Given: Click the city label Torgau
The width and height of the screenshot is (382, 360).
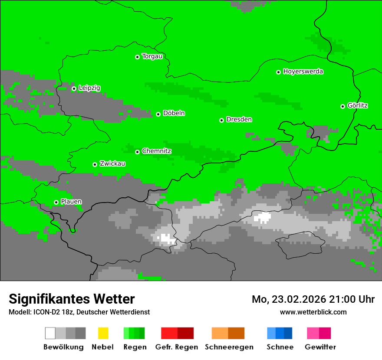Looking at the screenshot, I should pyautogui.click(x=152, y=56).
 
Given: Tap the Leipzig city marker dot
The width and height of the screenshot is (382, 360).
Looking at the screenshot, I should pyautogui.click(x=74, y=88).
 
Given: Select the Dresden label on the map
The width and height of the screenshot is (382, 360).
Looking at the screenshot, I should pyautogui.click(x=239, y=120).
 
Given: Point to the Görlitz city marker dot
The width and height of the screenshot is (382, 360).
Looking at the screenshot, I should pyautogui.click(x=342, y=106).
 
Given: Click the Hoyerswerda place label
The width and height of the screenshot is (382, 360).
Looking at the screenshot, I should pyautogui.click(x=303, y=72).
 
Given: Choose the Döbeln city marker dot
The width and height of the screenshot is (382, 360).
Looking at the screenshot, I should pyautogui.click(x=158, y=114).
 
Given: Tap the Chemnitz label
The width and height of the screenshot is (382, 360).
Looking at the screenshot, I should pyautogui.click(x=157, y=151).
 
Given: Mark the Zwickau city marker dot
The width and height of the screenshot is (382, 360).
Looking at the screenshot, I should pyautogui.click(x=95, y=164).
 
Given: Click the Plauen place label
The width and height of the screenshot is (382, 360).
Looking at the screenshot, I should pyautogui.click(x=71, y=202).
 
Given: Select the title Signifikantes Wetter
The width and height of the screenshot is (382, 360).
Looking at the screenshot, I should pyautogui.click(x=72, y=299).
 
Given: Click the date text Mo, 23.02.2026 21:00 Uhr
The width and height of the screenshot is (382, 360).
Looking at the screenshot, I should pyautogui.click(x=313, y=299).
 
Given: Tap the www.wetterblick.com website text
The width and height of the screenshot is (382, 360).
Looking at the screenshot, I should pyautogui.click(x=313, y=312).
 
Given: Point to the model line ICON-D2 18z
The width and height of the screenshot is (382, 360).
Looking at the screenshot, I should pyautogui.click(x=79, y=312).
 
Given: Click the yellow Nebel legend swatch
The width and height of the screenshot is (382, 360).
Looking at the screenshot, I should pyautogui.click(x=103, y=333).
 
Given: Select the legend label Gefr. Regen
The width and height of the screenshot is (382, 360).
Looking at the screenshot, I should pyautogui.click(x=177, y=347).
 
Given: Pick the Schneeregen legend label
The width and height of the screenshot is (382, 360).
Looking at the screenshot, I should pyautogui.click(x=229, y=347).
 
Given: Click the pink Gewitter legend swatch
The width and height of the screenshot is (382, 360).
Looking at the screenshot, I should pyautogui.click(x=319, y=333).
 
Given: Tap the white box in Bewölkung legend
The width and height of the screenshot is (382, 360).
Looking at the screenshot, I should pyautogui.click(x=50, y=333).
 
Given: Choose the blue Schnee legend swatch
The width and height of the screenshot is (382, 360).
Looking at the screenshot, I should pyautogui.click(x=279, y=333).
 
